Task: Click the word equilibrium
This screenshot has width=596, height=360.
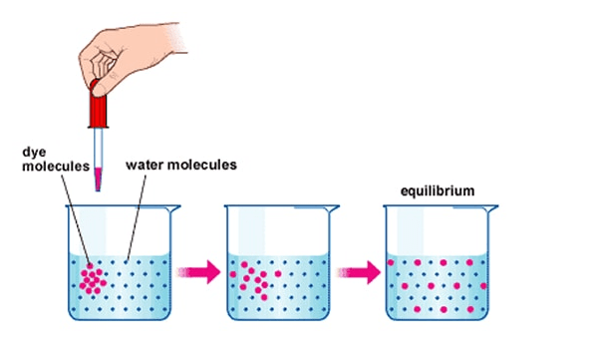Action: (x=438, y=191)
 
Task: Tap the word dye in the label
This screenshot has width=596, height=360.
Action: (x=34, y=153)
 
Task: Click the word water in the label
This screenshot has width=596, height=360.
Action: (x=145, y=165)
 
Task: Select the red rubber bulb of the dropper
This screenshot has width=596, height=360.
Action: (x=98, y=105)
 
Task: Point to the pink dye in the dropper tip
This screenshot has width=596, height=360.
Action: (x=98, y=179)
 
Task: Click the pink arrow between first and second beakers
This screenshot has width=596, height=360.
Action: (x=198, y=272)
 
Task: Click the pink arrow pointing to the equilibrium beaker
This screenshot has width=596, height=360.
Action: (x=358, y=272)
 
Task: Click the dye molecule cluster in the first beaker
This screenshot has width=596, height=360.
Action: (x=93, y=279)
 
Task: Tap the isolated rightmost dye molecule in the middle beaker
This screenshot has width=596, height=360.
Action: (x=278, y=273)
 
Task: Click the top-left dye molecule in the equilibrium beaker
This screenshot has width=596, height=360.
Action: (x=391, y=262)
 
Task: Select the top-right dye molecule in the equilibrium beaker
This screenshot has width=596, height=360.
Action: (x=469, y=262)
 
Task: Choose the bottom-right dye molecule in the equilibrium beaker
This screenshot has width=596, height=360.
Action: (x=470, y=309)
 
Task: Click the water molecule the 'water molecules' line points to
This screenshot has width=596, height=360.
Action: (x=126, y=262)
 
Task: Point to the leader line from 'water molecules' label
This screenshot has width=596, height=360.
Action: (x=136, y=217)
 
